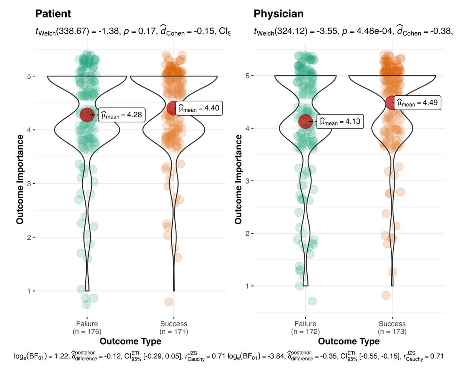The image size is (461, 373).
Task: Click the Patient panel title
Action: (x=53, y=14)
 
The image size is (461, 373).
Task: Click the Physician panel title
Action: (x=279, y=14)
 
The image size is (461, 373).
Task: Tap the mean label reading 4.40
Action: (x=200, y=108)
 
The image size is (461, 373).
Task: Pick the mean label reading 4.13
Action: (x=340, y=122)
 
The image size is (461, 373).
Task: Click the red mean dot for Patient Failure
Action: (x=87, y=114)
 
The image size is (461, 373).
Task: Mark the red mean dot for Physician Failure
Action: (x=306, y=121)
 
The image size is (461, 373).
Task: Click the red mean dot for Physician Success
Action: (x=391, y=103)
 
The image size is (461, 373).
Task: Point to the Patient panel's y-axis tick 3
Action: (x=29, y=184)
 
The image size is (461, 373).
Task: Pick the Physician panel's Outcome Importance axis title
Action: (x=238, y=181)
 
